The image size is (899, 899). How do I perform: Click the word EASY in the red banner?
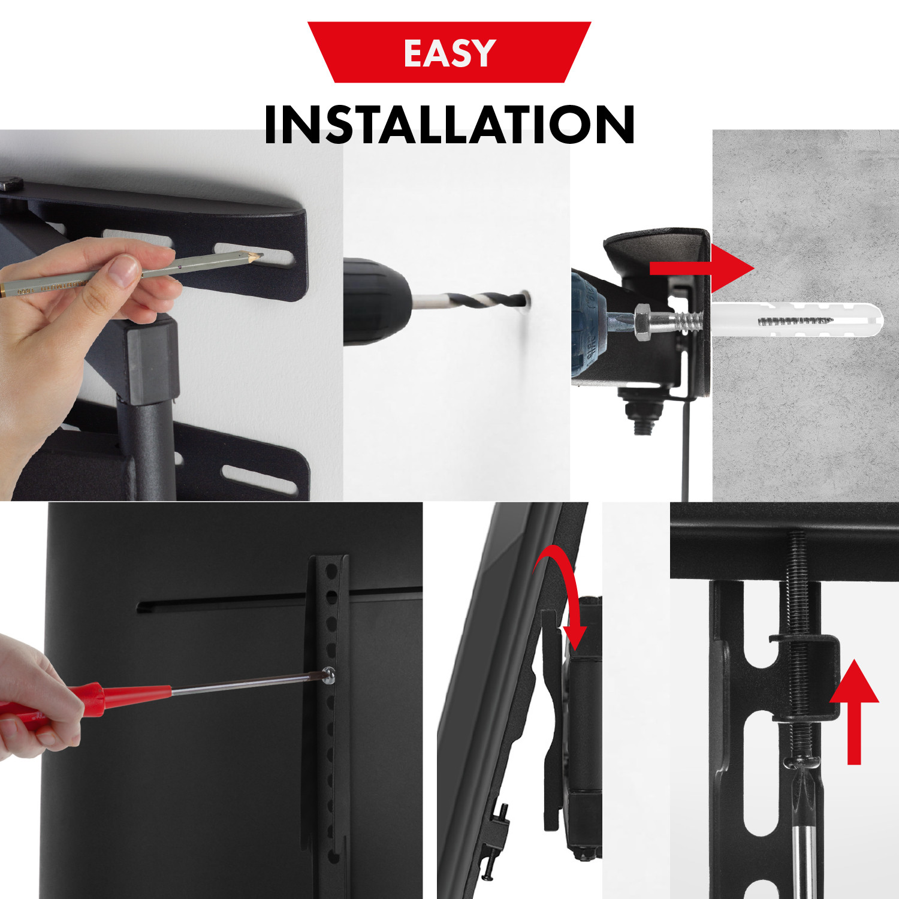click(x=450, y=53)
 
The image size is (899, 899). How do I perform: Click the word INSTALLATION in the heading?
click(x=450, y=125)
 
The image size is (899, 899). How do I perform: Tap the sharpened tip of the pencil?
click(x=259, y=256)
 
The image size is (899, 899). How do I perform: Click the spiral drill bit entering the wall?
click(x=467, y=301)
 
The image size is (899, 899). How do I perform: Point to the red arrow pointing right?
click(x=702, y=268)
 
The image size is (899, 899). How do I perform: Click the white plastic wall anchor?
click(x=797, y=321)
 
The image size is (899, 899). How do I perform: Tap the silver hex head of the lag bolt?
click(x=644, y=321)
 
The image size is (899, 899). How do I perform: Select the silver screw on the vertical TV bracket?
click(x=328, y=675)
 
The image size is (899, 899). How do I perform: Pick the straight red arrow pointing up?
click(x=854, y=711)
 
